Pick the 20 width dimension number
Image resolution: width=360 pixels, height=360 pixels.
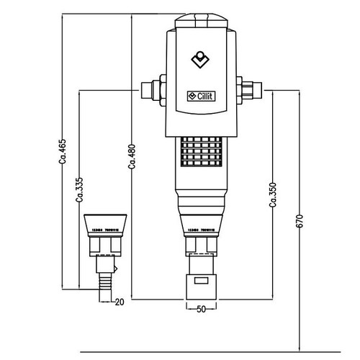[120, 302]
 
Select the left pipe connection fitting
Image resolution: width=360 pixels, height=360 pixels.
[153, 90]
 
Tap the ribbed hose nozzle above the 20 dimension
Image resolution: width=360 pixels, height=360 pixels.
[104, 280]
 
